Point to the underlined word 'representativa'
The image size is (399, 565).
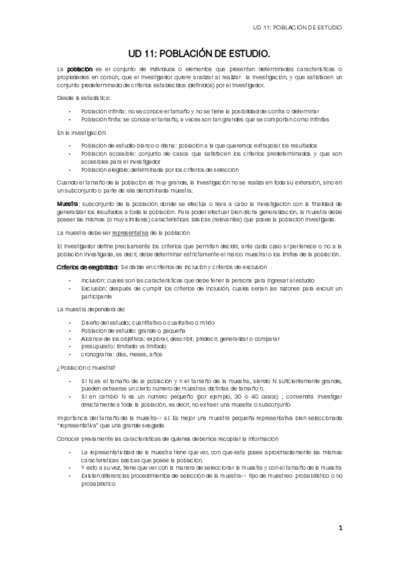[x=131, y=232]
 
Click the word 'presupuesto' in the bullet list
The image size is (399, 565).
[x=97, y=346]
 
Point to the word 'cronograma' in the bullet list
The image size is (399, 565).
[x=97, y=354]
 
